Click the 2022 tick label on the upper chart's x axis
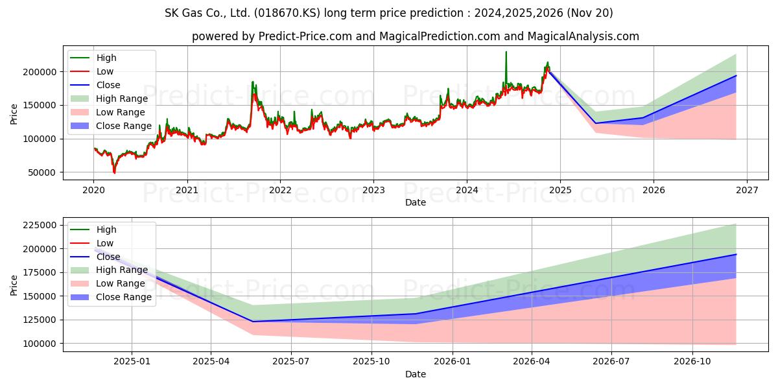pyautogui.click(x=280, y=191)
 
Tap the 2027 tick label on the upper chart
pyautogui.click(x=746, y=191)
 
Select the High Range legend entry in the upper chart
pyautogui.click(x=121, y=99)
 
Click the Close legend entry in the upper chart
pyautogui.click(x=108, y=85)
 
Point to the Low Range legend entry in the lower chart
pyautogui.click(x=120, y=283)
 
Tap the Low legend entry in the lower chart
pyautogui.click(x=104, y=243)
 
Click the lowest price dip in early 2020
pyautogui.click(x=115, y=172)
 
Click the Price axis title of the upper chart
pyautogui.click(x=14, y=115)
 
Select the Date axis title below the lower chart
pyautogui.click(x=416, y=374)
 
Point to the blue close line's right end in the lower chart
pyautogui.click(x=736, y=254)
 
